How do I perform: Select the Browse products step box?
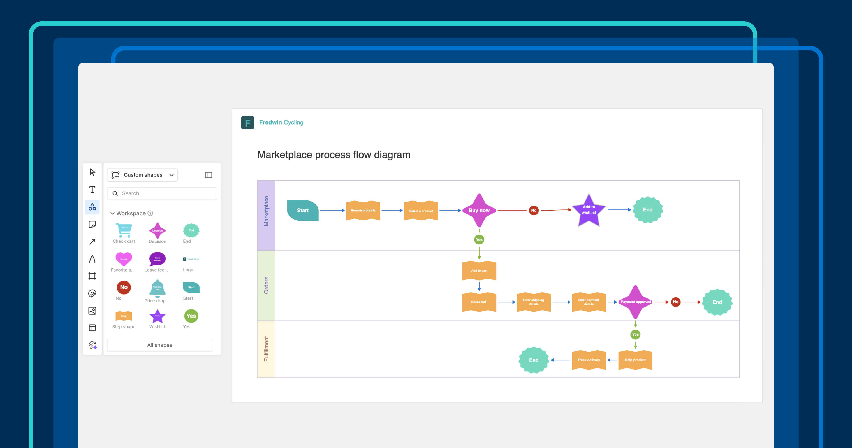point(363,211)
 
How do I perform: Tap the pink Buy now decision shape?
point(479,211)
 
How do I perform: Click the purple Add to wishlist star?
point(589,210)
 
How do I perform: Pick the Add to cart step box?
point(479,270)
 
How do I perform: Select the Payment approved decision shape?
point(635,302)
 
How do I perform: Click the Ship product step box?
point(635,360)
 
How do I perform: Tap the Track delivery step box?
point(589,360)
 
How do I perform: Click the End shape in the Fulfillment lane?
point(534,360)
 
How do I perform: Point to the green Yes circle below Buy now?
point(479,239)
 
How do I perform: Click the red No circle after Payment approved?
point(675,302)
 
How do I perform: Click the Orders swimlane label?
point(266,285)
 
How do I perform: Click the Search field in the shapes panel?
point(162,193)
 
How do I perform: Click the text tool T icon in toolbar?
point(92,189)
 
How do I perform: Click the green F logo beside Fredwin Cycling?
point(247,123)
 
